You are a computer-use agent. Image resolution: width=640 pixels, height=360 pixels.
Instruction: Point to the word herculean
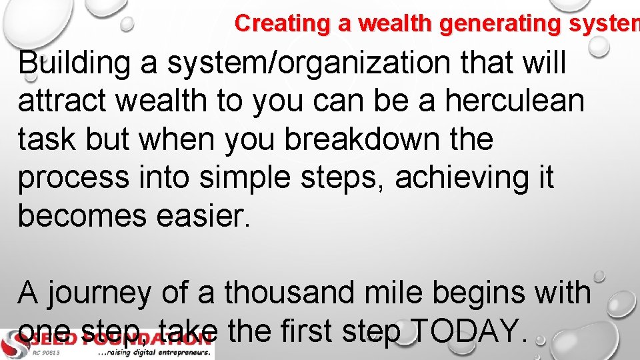[x=515, y=102]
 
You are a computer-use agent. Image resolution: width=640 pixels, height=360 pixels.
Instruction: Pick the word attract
[x=62, y=102]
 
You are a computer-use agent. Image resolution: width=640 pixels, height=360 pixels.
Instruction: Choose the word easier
[x=215, y=215]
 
